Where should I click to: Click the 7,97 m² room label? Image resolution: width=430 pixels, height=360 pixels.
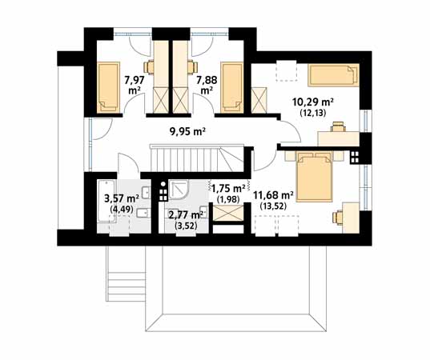[x=135, y=85]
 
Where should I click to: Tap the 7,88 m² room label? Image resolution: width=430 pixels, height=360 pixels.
[x=207, y=85]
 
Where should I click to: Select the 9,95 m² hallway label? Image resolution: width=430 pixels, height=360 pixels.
[x=188, y=132]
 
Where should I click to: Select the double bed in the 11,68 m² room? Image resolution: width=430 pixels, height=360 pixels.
[x=314, y=178]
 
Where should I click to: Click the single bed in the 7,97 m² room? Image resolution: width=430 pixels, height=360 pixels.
[x=108, y=87]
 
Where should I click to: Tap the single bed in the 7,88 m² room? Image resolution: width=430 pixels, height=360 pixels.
[x=232, y=87]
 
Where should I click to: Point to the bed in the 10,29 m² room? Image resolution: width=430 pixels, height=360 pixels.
[x=333, y=74]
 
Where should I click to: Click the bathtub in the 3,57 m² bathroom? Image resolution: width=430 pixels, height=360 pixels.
[x=103, y=202]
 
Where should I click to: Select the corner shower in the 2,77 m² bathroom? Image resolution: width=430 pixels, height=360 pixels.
[x=178, y=190]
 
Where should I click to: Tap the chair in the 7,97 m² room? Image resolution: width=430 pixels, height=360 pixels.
[x=149, y=66]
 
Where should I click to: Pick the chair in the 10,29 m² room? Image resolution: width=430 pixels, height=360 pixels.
[x=338, y=126]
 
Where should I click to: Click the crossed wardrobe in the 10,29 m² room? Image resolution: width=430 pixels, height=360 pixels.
[x=259, y=100]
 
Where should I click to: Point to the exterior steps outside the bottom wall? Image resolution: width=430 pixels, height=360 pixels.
[x=127, y=286]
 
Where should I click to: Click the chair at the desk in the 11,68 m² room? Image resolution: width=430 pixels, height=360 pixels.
[x=337, y=218]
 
